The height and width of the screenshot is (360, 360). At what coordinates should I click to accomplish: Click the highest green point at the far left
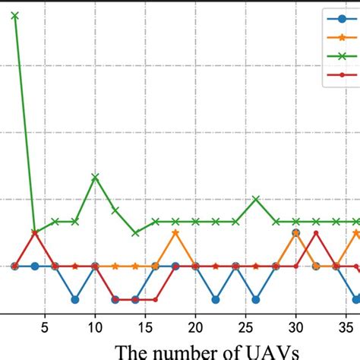coord(15,15)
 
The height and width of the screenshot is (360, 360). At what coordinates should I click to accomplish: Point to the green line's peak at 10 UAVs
coord(95,177)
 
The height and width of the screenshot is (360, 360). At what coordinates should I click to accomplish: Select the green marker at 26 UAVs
coord(256,199)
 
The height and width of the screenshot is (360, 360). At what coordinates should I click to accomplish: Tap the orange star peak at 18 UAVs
coord(175,232)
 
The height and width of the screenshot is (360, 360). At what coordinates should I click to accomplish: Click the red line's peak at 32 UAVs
coord(316,232)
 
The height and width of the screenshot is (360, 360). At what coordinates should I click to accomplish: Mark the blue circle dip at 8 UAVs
coord(75,299)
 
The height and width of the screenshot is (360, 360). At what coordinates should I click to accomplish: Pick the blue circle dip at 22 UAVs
coord(216,299)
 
